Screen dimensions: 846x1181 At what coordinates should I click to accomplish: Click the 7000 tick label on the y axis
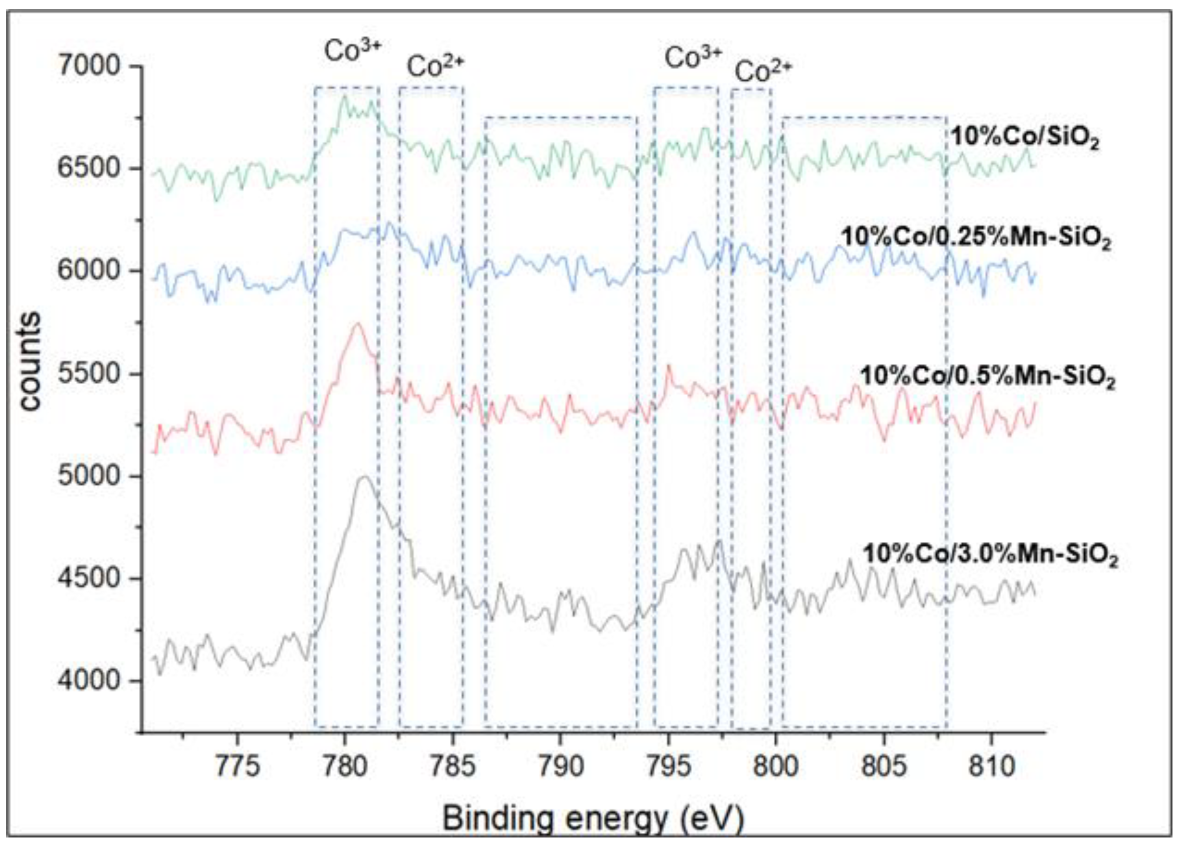pyautogui.click(x=88, y=67)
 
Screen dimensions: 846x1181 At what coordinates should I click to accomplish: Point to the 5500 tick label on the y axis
pyautogui.click(x=88, y=374)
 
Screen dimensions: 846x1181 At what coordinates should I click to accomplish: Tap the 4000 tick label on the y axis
pyautogui.click(x=88, y=681)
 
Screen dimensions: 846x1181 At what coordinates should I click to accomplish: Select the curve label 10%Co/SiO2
pyautogui.click(x=1025, y=138)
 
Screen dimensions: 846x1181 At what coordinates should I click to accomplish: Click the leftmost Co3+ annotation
pyautogui.click(x=353, y=51)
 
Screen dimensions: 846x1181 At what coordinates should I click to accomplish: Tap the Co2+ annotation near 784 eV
pyautogui.click(x=435, y=67)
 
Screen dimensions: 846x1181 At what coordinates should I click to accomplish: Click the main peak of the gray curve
pyautogui.click(x=364, y=477)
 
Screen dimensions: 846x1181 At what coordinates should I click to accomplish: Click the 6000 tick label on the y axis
pyautogui.click(x=88, y=271)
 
